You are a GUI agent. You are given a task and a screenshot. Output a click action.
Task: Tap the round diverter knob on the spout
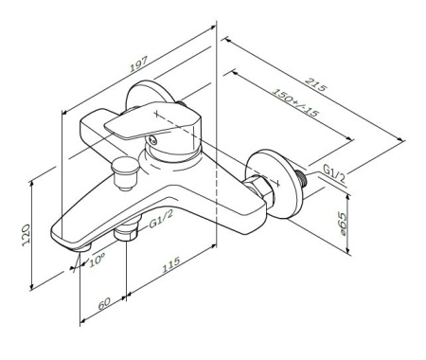coord(121,172)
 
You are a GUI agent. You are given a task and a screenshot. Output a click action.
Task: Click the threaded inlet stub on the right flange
coord(304,176)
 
